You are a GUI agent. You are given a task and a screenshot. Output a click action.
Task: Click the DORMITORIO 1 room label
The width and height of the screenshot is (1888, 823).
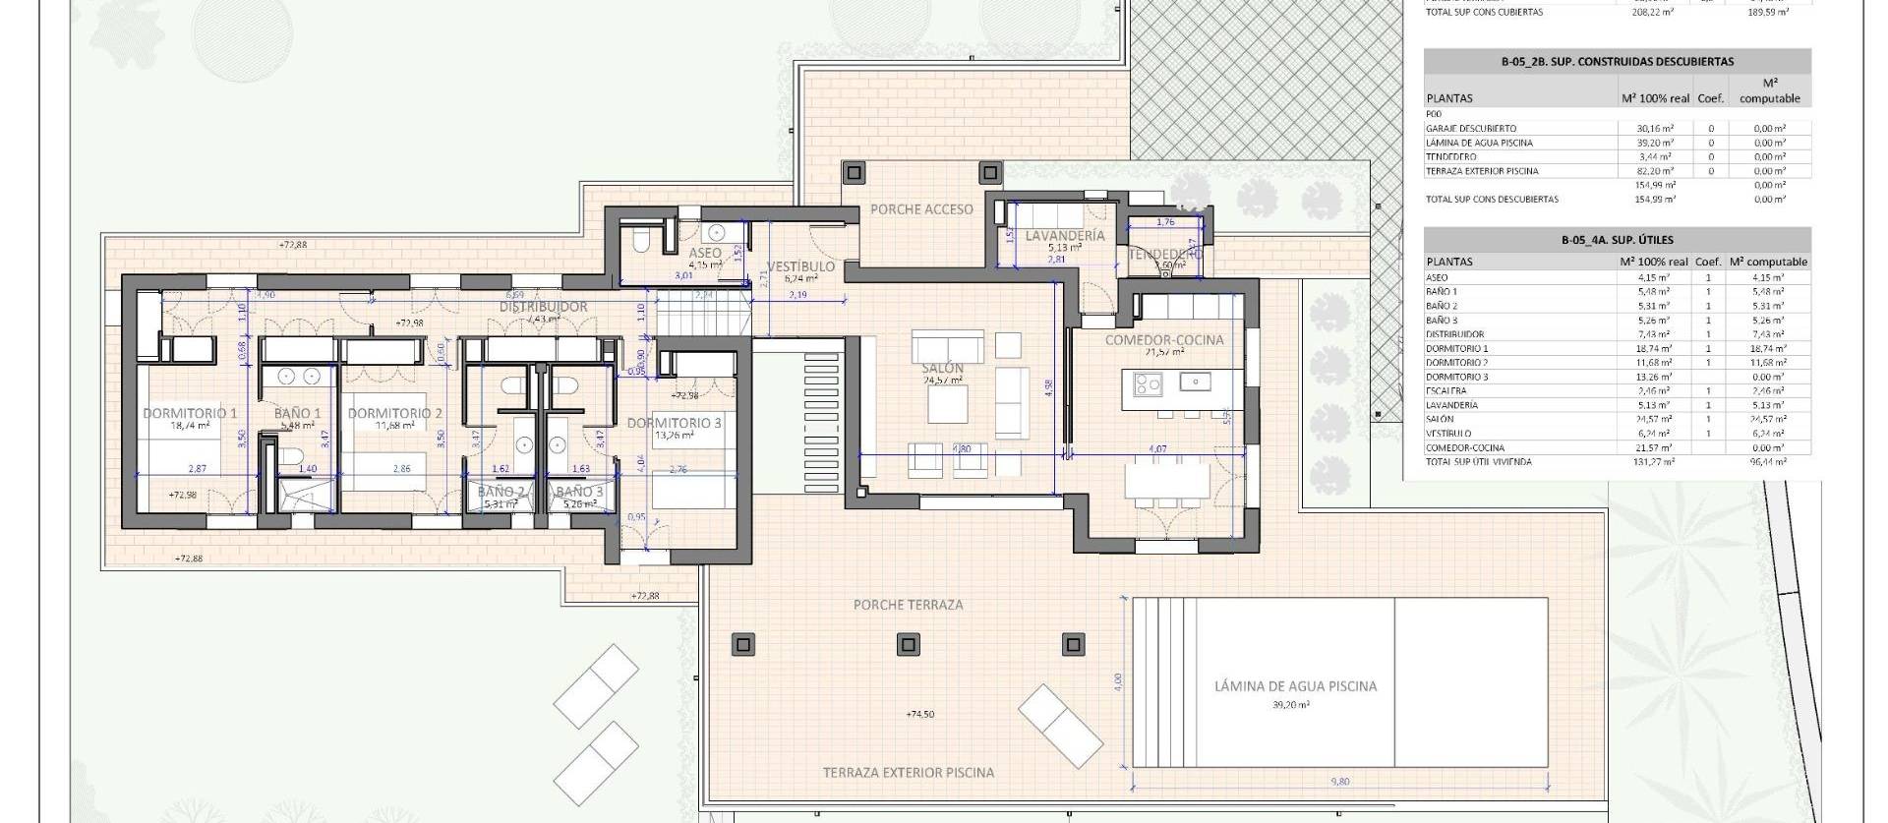click(190, 413)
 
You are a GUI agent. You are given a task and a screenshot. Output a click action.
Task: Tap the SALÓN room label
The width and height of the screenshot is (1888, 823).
click(943, 368)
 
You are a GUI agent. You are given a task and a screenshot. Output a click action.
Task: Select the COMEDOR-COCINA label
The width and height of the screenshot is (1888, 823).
click(1164, 340)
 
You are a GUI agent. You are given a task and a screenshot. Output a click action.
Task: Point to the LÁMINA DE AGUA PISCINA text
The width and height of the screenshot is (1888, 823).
click(1295, 686)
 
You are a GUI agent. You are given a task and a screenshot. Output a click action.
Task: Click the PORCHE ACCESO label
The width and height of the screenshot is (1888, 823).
click(921, 208)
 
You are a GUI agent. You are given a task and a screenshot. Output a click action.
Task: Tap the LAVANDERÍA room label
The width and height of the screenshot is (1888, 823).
click(1064, 236)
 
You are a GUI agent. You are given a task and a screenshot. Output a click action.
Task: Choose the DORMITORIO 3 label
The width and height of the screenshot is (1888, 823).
click(675, 423)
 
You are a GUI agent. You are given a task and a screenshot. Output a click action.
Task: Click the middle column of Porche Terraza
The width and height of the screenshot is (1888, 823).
click(909, 645)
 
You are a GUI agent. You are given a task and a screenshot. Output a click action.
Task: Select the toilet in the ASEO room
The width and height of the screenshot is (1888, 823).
click(640, 239)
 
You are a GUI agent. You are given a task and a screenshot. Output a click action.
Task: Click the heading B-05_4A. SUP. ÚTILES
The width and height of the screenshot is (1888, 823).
click(1617, 239)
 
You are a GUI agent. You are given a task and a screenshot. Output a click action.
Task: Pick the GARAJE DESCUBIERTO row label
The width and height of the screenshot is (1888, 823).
click(1470, 129)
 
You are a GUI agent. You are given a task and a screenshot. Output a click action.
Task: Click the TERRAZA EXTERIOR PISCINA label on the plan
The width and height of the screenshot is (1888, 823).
click(908, 773)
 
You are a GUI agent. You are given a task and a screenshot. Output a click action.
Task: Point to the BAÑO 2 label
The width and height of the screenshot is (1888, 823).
click(501, 492)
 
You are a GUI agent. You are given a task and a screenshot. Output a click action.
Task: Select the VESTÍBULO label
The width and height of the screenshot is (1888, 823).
click(800, 266)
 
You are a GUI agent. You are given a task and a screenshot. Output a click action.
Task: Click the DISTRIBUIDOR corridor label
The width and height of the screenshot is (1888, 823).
click(543, 307)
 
